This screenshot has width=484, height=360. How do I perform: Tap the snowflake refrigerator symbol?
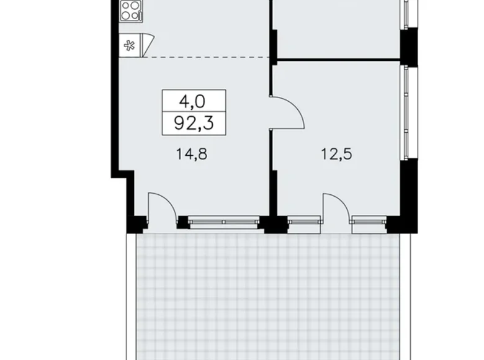coord(129,45)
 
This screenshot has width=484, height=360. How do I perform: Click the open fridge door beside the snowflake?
coord(146,43)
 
